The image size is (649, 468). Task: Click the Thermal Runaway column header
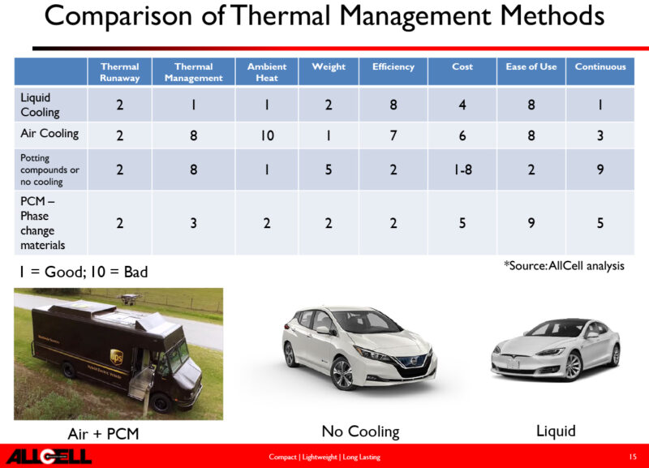tap(119, 72)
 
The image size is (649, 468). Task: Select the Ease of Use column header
tap(531, 67)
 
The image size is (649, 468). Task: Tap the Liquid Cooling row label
tap(40, 105)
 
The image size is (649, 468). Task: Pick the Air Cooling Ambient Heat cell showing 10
tap(267, 135)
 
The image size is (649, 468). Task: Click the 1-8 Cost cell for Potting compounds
tap(462, 170)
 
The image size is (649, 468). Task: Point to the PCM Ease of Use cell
tap(531, 223)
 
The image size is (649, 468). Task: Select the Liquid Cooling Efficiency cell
tap(393, 105)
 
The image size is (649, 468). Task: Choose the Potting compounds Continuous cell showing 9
tap(600, 170)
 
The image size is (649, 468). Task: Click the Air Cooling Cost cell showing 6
tap(462, 135)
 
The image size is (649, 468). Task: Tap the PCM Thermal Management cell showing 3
tap(193, 223)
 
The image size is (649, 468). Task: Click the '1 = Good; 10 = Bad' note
tap(84, 272)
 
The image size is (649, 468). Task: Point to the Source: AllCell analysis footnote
tap(564, 266)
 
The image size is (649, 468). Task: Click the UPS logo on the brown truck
tap(116, 357)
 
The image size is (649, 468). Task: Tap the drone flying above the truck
tap(130, 298)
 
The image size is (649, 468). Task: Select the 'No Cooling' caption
tap(360, 432)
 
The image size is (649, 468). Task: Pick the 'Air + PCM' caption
tap(104, 434)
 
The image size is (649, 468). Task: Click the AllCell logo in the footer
tap(49, 457)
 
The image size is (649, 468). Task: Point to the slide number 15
tap(633, 457)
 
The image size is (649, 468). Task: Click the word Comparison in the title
tap(118, 17)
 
